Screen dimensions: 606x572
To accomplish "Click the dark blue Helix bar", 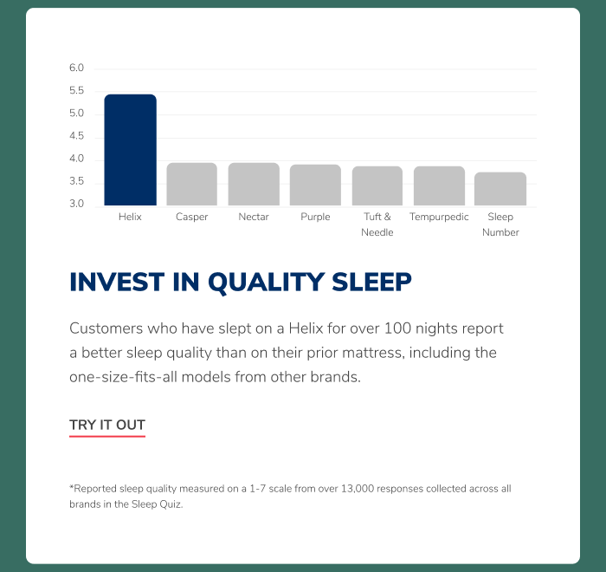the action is click(x=130, y=150).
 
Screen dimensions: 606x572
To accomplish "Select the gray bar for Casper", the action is click(x=191, y=185).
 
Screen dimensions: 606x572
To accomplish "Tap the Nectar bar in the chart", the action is click(x=254, y=185).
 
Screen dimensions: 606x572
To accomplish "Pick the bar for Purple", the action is click(x=315, y=185).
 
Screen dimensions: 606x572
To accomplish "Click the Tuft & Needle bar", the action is click(x=377, y=185).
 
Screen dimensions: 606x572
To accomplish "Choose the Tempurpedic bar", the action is click(x=439, y=185).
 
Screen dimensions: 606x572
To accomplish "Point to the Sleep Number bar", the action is click(x=500, y=189).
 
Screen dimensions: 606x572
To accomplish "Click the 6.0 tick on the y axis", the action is click(x=76, y=68).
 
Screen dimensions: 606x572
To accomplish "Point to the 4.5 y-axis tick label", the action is click(x=76, y=136).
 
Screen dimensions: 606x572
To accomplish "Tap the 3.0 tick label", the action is click(x=76, y=204).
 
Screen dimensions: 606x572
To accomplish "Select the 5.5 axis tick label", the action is click(x=76, y=90).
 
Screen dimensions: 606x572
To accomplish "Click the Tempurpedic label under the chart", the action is click(x=439, y=217).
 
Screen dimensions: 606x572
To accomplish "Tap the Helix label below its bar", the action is click(x=130, y=217).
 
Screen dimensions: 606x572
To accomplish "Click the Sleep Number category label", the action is click(x=500, y=224).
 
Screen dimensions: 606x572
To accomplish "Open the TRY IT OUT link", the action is click(x=107, y=425).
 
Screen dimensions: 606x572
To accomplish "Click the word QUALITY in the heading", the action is click(x=267, y=283).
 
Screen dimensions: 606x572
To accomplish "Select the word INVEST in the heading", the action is click(x=117, y=282).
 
